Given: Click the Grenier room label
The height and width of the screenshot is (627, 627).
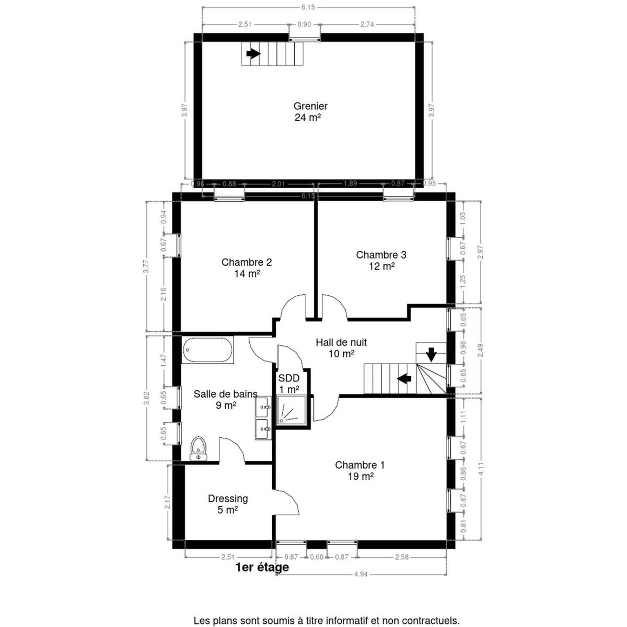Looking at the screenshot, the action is pyautogui.click(x=310, y=106).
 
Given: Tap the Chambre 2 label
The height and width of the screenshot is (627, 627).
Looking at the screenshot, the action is pyautogui.click(x=246, y=262).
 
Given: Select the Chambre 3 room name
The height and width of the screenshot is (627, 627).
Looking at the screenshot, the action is pyautogui.click(x=381, y=254).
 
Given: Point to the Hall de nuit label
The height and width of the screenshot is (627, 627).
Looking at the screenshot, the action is pyautogui.click(x=341, y=342).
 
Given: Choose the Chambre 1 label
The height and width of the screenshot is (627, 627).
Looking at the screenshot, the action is pyautogui.click(x=359, y=465).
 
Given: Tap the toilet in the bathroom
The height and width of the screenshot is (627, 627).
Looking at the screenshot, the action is pyautogui.click(x=198, y=448).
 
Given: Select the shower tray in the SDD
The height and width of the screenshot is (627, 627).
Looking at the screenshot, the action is pyautogui.click(x=291, y=410).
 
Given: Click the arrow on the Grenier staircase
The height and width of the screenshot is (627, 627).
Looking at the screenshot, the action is pyautogui.click(x=253, y=54).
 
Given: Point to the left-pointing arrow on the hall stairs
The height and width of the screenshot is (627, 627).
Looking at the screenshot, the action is pyautogui.click(x=404, y=378).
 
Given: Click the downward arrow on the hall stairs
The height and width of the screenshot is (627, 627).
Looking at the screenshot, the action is pyautogui.click(x=431, y=355).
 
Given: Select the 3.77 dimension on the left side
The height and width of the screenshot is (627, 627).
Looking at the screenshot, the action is pyautogui.click(x=147, y=266).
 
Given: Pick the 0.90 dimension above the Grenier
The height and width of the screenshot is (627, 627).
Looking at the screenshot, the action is pyautogui.click(x=304, y=25).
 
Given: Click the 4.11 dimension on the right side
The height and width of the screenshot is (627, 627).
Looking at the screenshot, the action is pyautogui.click(x=481, y=469).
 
